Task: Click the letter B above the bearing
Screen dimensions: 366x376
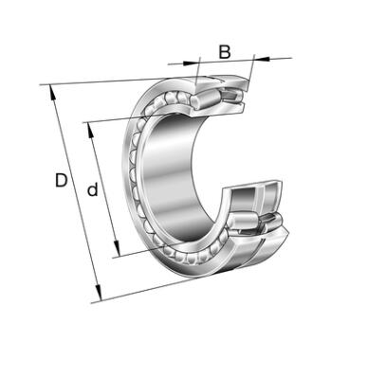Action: tap(225, 52)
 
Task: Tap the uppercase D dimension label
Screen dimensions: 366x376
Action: tap(61, 181)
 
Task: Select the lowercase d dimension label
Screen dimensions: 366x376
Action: tap(92, 188)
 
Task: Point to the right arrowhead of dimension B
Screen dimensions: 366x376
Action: tap(262, 58)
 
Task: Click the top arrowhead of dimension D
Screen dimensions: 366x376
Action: tap(52, 93)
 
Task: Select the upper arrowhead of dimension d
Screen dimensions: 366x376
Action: tap(90, 130)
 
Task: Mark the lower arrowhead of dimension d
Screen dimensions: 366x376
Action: tap(117, 248)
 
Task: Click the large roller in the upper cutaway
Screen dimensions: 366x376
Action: tap(205, 98)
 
